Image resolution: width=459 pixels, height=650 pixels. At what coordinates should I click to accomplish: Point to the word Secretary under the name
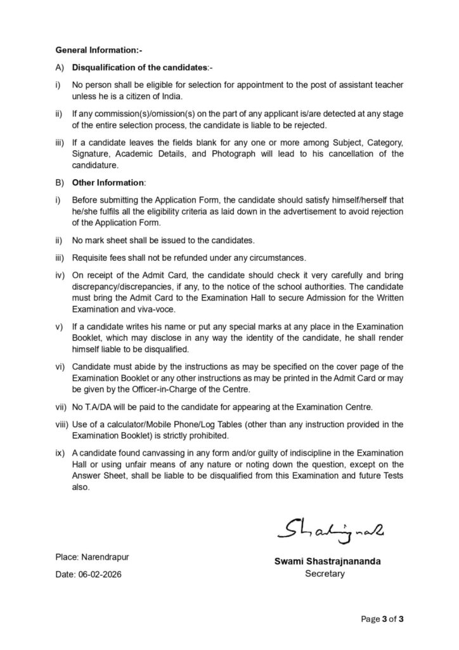[325, 574]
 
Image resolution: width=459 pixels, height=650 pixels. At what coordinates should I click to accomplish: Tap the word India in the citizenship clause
[172, 96]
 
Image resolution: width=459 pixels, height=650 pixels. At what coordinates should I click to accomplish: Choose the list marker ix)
[61, 453]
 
